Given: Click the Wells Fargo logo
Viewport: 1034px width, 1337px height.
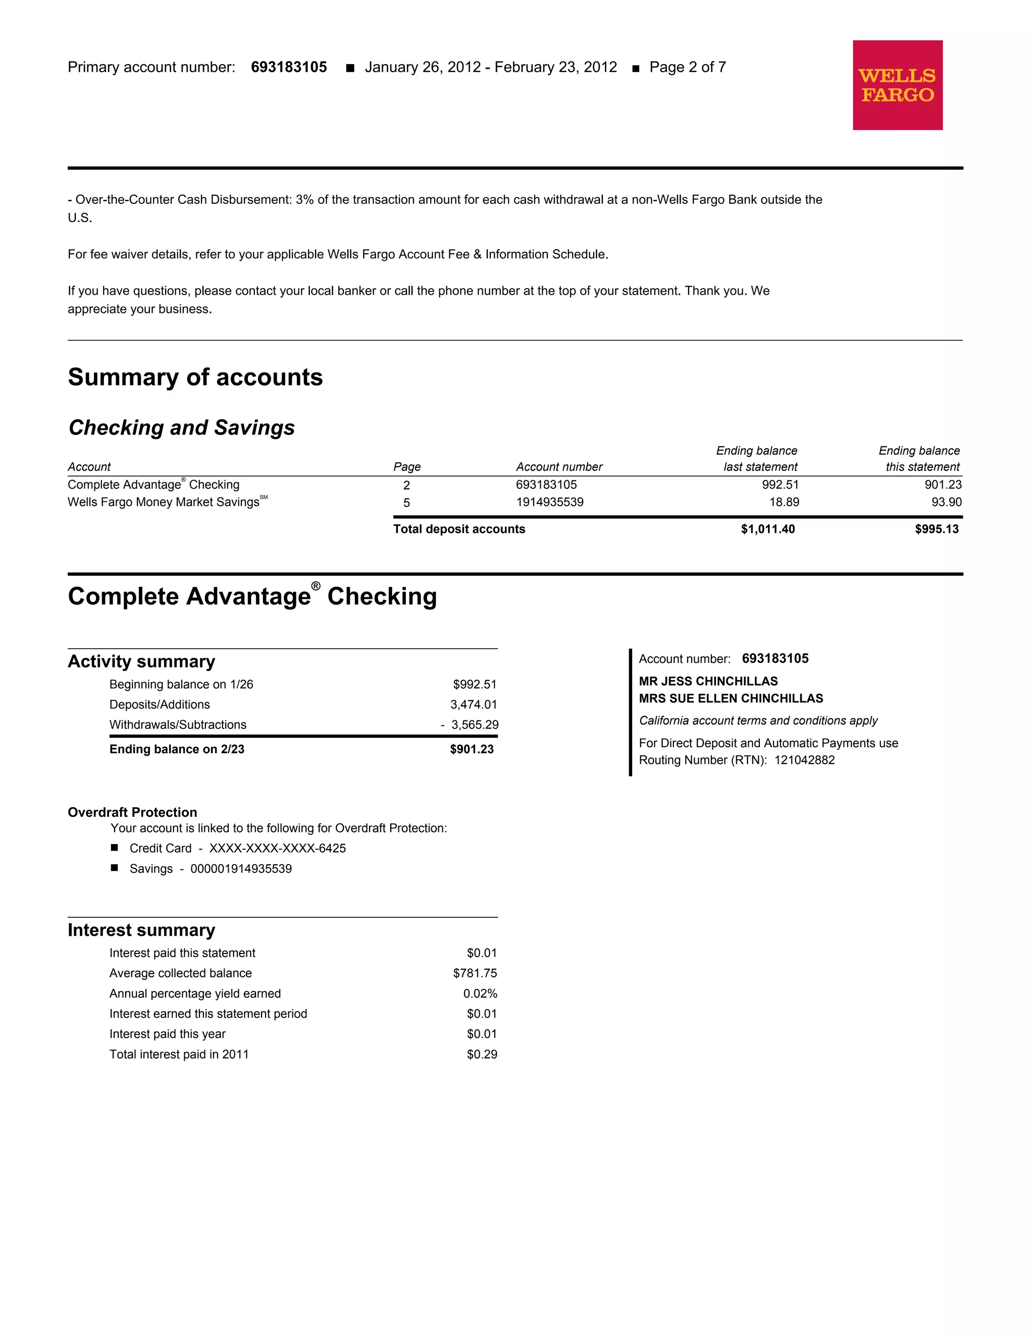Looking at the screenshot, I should click(897, 85).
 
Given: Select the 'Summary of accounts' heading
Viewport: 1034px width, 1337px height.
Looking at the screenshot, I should click(195, 377).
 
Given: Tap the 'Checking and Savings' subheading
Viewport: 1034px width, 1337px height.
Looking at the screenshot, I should click(181, 427).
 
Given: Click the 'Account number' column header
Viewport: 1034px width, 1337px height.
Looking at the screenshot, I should click(559, 467).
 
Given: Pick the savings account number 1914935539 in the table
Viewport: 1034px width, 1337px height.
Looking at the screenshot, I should click(549, 502).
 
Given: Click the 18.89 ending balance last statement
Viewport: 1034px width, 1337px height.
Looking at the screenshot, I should click(784, 502).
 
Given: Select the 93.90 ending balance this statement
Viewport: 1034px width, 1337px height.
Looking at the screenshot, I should click(947, 502).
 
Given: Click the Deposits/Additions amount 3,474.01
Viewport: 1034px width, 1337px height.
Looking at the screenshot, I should click(474, 705).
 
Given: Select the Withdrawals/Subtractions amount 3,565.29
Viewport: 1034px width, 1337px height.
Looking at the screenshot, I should click(475, 725).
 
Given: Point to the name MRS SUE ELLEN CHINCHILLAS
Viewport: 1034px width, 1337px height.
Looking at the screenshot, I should click(731, 698).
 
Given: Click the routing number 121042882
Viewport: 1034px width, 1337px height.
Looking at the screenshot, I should click(804, 760).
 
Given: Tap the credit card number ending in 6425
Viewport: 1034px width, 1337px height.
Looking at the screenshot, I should click(278, 849).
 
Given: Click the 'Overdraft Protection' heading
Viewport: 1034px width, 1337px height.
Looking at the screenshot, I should click(132, 812).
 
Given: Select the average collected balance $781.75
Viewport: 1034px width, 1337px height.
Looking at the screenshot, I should click(475, 973).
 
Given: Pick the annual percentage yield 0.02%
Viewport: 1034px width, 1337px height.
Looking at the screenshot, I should click(480, 993).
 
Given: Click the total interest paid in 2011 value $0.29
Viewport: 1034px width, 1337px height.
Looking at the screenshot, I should click(482, 1054).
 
